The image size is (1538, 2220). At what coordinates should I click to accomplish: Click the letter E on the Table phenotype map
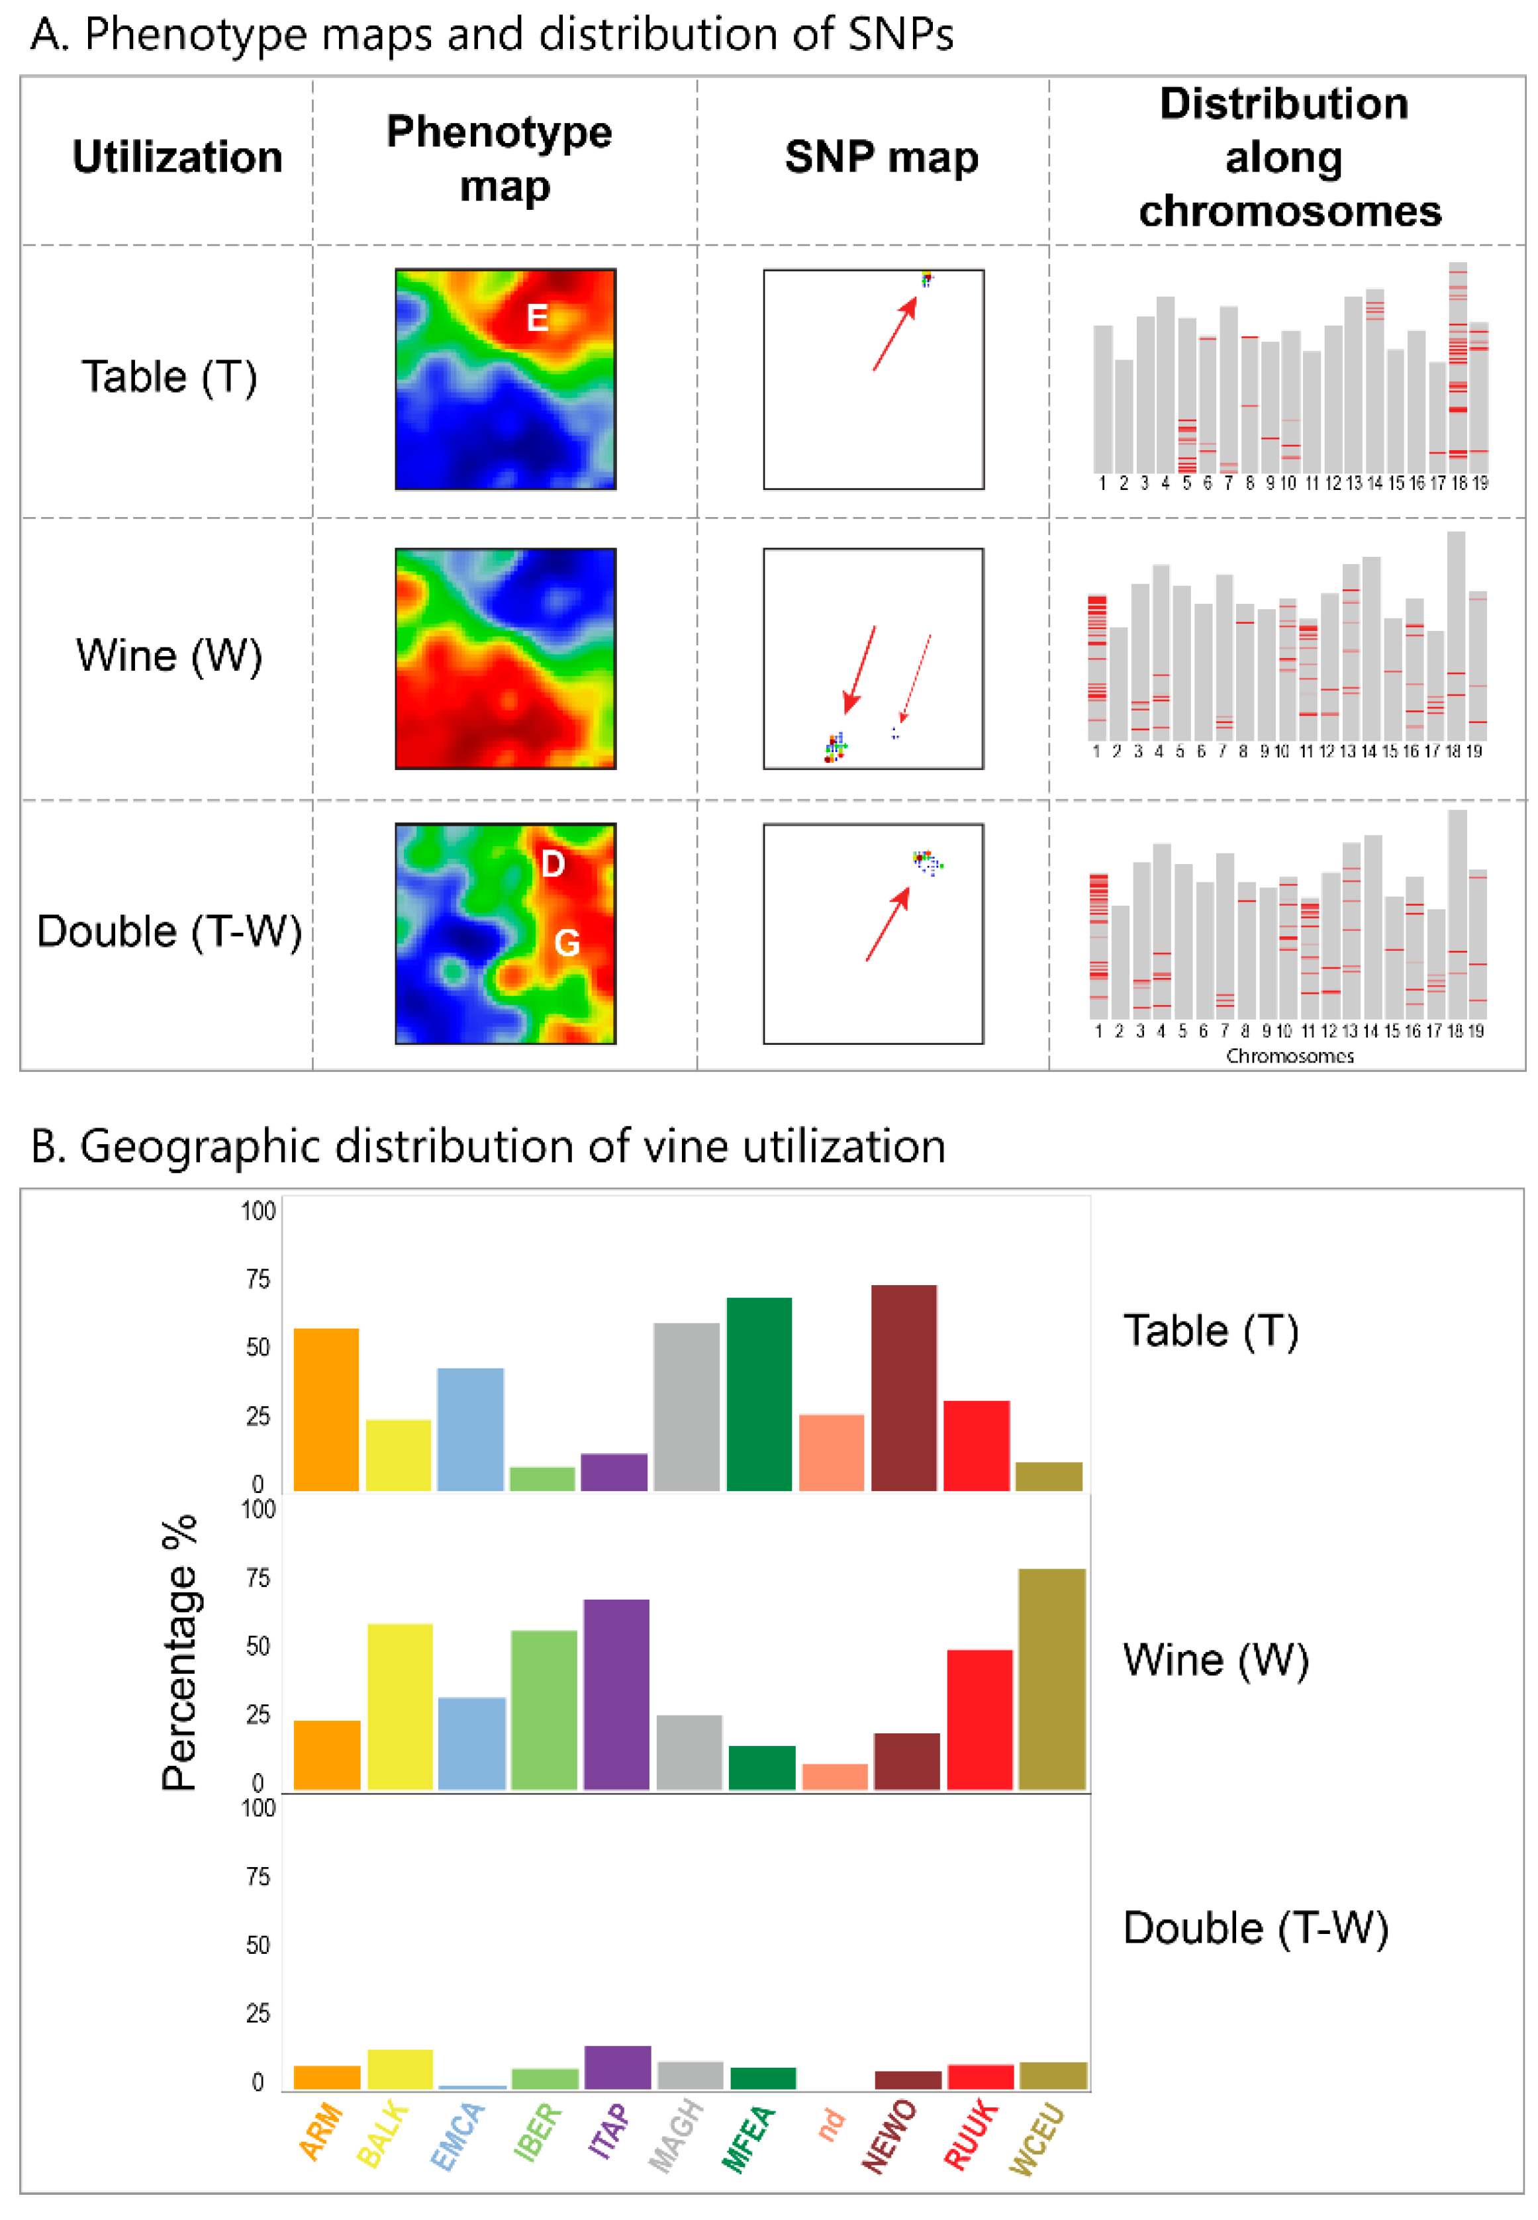(537, 317)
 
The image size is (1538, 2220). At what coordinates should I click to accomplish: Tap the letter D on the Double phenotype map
(552, 864)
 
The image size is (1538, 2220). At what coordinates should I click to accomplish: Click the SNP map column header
(881, 157)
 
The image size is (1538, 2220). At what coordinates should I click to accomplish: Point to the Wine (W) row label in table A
(169, 656)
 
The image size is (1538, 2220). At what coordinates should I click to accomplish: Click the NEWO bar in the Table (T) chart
(903, 1388)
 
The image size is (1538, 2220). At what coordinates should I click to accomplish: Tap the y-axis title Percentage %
(179, 1653)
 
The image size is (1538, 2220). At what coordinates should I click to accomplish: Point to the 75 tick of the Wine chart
(258, 1578)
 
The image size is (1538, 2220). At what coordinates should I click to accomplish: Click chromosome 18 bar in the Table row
(1457, 366)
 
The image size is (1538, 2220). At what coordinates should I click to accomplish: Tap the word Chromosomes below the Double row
(1289, 1056)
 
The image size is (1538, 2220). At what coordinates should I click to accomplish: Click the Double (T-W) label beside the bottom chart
(1255, 1928)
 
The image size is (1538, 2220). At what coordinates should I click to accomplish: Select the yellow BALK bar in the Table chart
(398, 1454)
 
